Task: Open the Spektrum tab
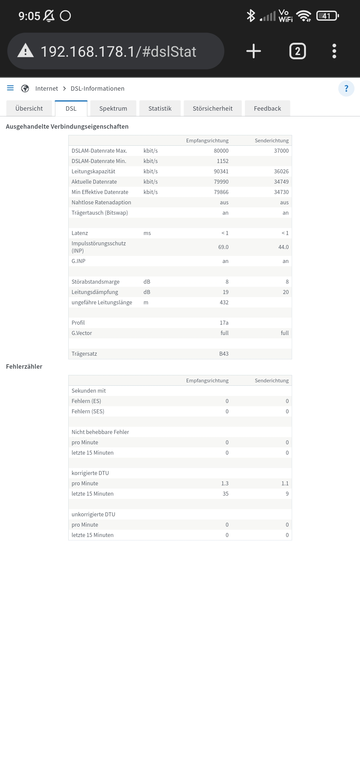[x=113, y=108]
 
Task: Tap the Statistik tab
[x=160, y=108]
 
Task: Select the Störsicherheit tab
[x=212, y=108]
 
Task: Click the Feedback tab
[x=267, y=108]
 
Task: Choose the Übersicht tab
[x=29, y=108]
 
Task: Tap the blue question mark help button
[x=346, y=88]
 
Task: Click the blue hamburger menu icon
[x=10, y=88]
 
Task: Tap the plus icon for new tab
[x=253, y=51]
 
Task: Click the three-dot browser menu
[x=334, y=51]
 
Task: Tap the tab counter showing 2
[x=297, y=51]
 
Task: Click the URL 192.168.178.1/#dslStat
[x=118, y=52]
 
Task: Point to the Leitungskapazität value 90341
[x=221, y=171]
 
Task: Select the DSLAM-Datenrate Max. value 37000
[x=281, y=151]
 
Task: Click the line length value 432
[x=224, y=302]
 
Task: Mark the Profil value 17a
[x=224, y=323]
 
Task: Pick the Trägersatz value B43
[x=224, y=354]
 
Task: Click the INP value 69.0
[x=223, y=247]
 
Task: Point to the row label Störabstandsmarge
[x=95, y=282]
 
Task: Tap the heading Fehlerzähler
[x=24, y=366]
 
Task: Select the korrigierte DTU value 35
[x=225, y=494]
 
